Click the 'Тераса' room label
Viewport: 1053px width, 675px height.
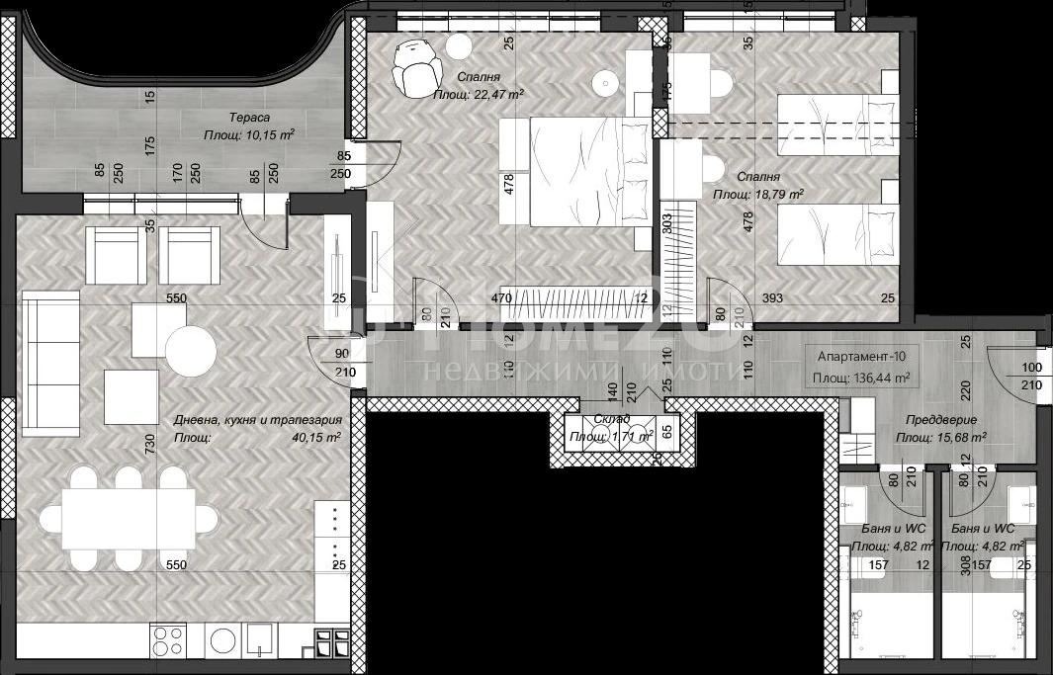[236, 117]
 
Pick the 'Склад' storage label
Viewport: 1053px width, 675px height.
[612, 419]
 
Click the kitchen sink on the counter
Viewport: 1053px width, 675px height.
[261, 639]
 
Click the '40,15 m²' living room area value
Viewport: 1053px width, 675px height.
[315, 437]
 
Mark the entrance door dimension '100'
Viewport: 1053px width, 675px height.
[1030, 367]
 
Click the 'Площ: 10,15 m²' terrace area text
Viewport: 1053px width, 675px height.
[248, 135]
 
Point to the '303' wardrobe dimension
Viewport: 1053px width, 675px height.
[667, 224]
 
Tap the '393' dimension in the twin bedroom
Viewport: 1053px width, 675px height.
[771, 296]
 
